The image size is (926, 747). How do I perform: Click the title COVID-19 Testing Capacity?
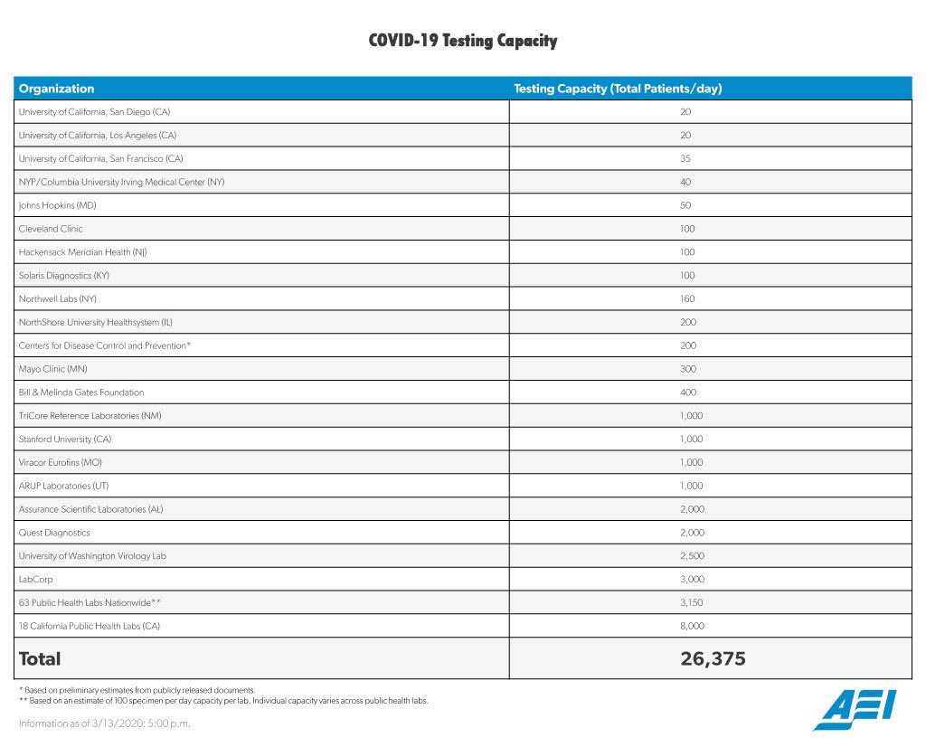tap(462, 41)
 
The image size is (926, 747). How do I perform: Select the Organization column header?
tap(56, 89)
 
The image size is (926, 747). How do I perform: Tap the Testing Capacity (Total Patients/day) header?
tap(618, 89)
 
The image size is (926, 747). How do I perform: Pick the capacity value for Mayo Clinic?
tap(685, 369)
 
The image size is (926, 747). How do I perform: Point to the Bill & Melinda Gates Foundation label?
tap(81, 392)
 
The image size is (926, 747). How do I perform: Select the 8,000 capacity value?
tap(692, 626)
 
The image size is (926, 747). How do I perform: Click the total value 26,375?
tap(713, 659)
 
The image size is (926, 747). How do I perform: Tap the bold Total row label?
tap(40, 659)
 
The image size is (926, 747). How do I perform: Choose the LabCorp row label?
tap(36, 579)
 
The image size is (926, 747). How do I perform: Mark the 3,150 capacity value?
tap(692, 602)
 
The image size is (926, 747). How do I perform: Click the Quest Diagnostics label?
tap(54, 533)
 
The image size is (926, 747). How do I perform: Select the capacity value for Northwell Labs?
tap(685, 298)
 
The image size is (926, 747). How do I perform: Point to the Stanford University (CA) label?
tap(65, 439)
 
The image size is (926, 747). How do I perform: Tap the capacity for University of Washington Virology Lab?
tap(692, 556)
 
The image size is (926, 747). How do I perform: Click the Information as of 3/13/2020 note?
tap(105, 723)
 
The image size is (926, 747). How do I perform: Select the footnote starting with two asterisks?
tap(222, 701)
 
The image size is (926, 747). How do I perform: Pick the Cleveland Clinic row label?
tap(51, 229)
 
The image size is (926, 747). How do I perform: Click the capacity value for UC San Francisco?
tap(685, 158)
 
